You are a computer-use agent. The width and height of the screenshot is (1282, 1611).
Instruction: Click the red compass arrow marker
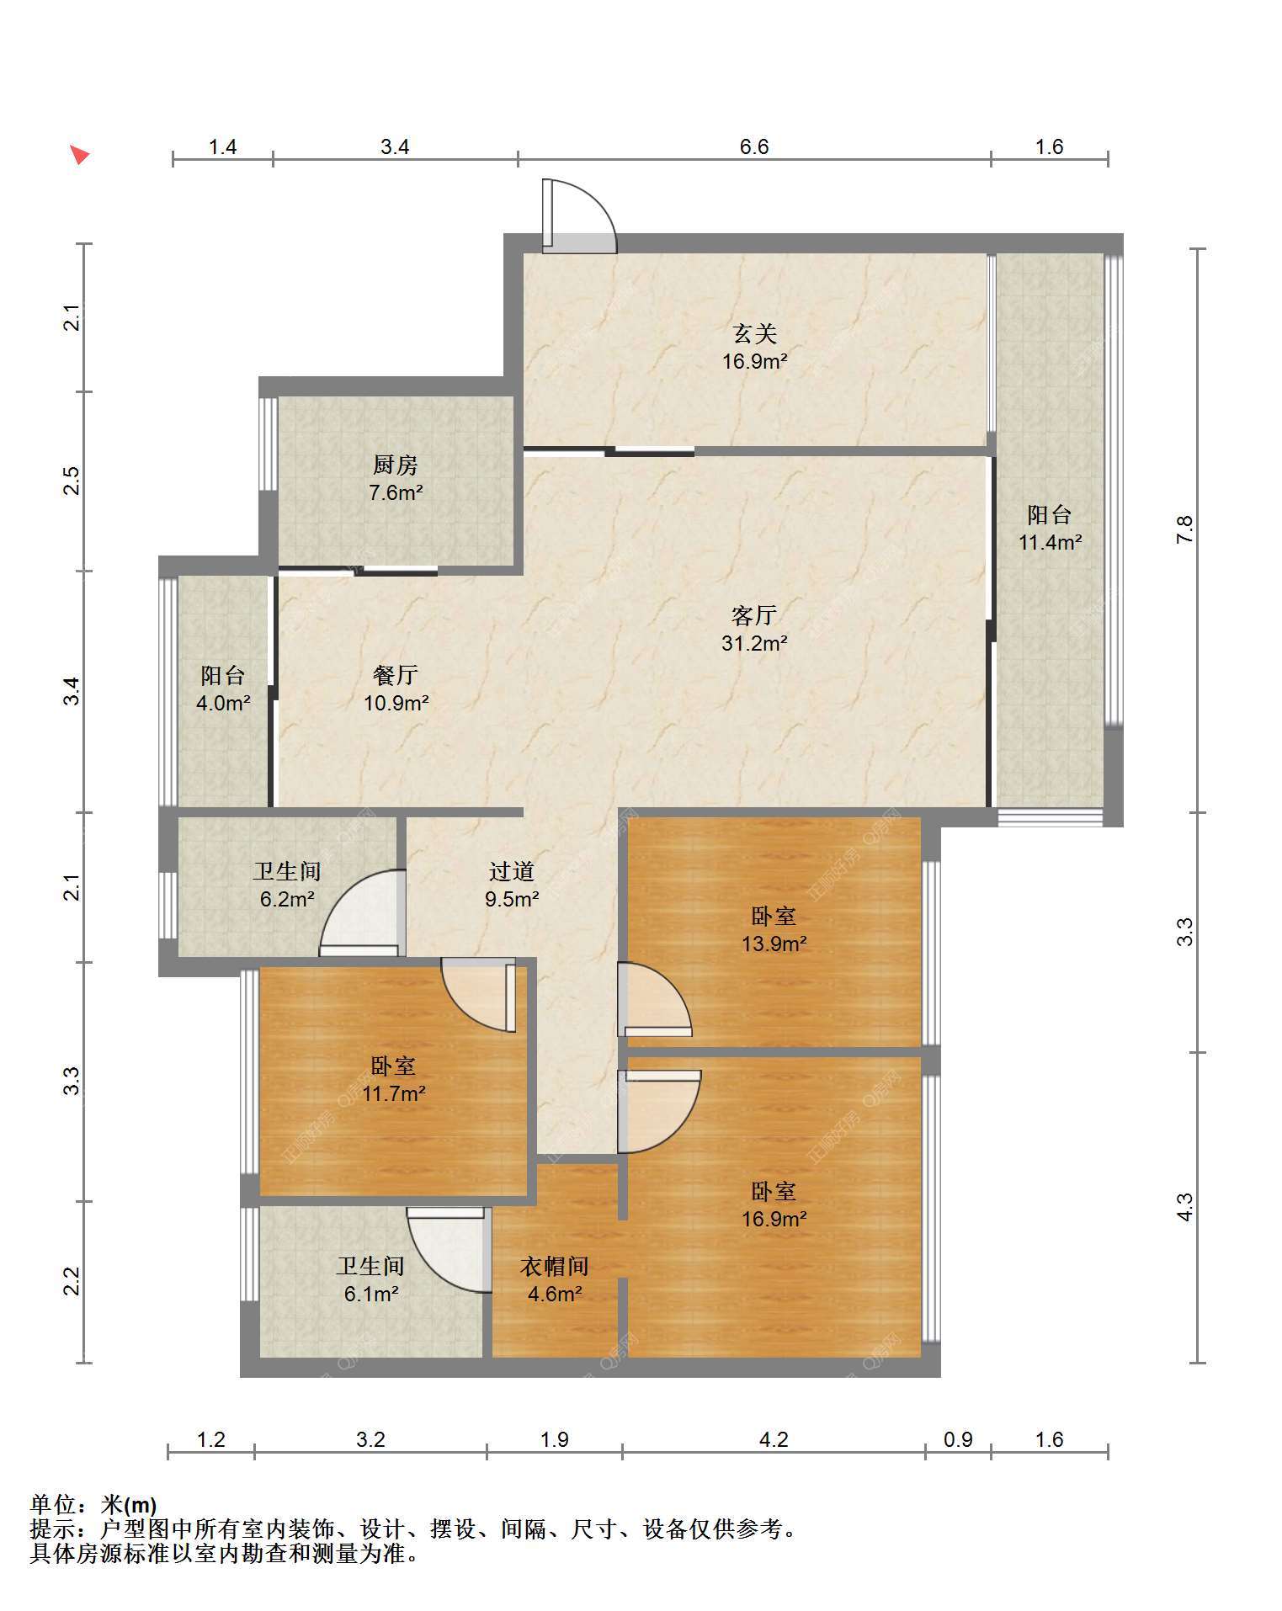pyautogui.click(x=80, y=155)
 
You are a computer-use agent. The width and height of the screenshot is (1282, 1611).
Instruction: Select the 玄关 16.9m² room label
pyautogui.click(x=755, y=348)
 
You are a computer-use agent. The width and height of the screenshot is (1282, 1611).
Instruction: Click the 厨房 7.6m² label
pyautogui.click(x=396, y=478)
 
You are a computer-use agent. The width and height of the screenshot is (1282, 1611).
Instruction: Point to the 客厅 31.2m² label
pyautogui.click(x=754, y=629)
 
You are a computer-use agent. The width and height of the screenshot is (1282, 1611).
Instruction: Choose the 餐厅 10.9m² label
pyautogui.click(x=396, y=688)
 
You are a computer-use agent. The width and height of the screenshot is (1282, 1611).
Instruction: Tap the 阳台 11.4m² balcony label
pyautogui.click(x=1050, y=528)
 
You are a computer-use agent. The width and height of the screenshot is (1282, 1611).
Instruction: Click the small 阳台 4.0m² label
pyautogui.click(x=223, y=689)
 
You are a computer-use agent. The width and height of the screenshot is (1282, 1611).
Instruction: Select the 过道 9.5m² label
pyautogui.click(x=512, y=885)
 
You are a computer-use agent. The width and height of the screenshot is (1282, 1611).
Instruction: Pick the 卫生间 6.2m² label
pyautogui.click(x=287, y=885)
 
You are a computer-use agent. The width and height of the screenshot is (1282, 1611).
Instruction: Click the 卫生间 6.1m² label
pyautogui.click(x=371, y=1279)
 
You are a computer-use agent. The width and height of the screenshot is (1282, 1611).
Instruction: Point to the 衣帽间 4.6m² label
pyautogui.click(x=555, y=1279)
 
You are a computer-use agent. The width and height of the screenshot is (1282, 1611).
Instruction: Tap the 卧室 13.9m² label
pyautogui.click(x=774, y=929)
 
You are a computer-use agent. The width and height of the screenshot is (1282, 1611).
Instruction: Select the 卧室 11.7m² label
pyautogui.click(x=394, y=1080)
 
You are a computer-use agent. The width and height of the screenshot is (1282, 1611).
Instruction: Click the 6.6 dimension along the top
pyautogui.click(x=754, y=146)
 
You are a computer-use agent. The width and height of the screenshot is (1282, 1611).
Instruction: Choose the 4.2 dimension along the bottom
pyautogui.click(x=774, y=1439)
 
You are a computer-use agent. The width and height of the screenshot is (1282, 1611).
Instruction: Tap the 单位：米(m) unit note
pyautogui.click(x=93, y=1504)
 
